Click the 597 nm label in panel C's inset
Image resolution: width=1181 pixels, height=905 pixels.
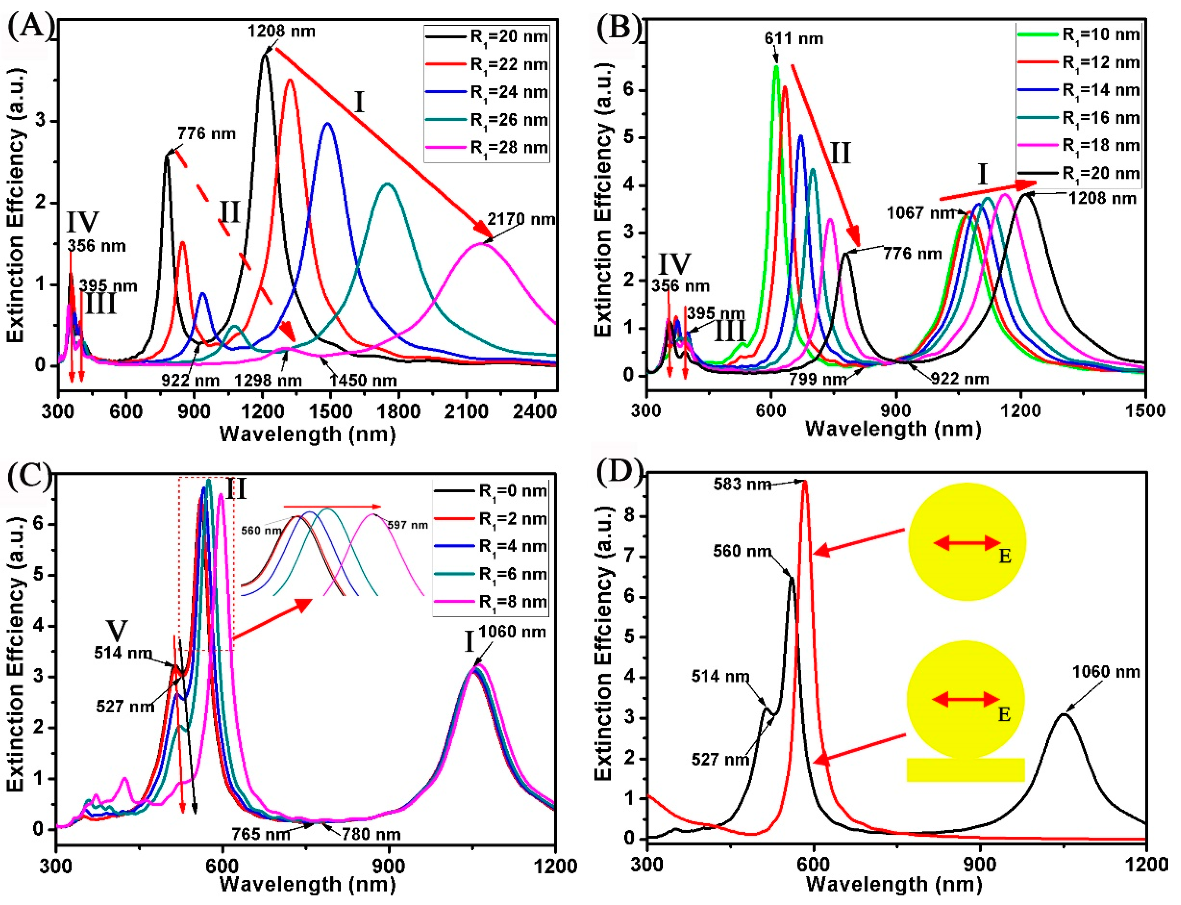(x=408, y=525)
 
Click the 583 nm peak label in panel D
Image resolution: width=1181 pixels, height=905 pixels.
(x=742, y=484)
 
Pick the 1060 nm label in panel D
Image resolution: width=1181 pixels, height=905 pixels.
(x=1106, y=672)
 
